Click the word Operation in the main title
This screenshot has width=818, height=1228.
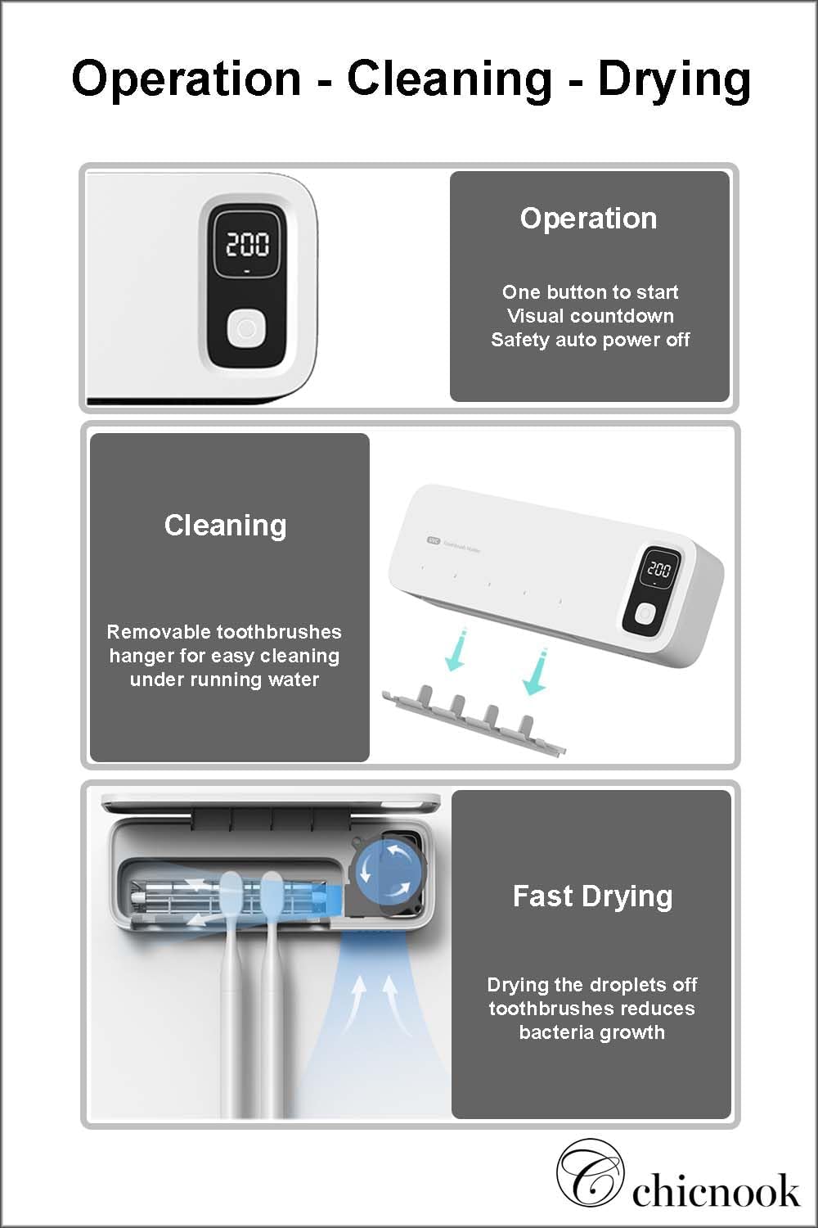point(187,79)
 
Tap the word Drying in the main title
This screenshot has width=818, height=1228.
point(674,79)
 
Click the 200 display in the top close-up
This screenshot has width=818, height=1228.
point(247,244)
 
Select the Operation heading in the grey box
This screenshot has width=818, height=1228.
point(588,219)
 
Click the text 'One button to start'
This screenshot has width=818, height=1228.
point(590,292)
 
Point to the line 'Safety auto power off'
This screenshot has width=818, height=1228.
point(590,340)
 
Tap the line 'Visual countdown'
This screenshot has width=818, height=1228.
point(590,316)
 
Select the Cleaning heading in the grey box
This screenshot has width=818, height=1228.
point(225,526)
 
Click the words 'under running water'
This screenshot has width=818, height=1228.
point(224,679)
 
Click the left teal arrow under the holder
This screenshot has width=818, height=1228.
point(456,652)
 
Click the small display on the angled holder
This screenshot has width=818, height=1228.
point(658,569)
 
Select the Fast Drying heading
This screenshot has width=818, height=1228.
point(592,896)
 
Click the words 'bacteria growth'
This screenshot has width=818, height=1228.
point(591,1032)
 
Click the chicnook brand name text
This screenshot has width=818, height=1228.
point(716,1191)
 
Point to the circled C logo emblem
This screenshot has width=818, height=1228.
point(590,1173)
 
